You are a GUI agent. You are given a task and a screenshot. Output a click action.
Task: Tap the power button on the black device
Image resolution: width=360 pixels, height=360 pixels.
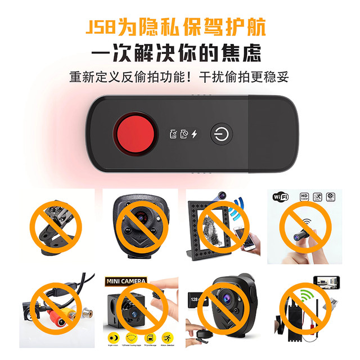[x=219, y=134]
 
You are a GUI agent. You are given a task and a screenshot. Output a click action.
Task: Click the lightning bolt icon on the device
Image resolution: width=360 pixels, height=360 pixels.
[x=195, y=134]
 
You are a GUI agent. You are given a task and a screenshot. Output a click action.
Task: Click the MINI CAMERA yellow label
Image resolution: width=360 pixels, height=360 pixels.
[x=126, y=280]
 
